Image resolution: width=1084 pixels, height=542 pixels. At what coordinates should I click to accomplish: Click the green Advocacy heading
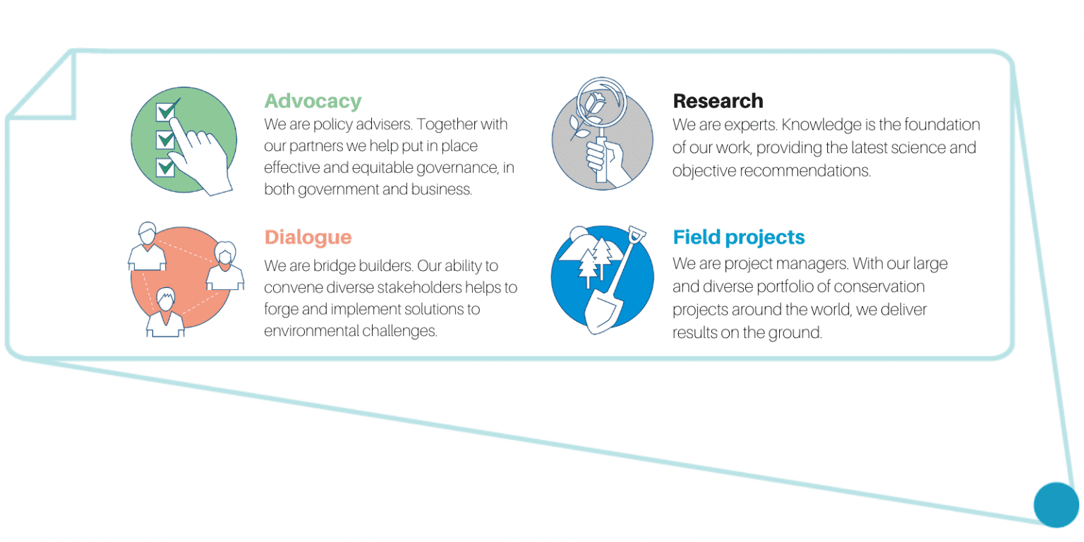pos(313,101)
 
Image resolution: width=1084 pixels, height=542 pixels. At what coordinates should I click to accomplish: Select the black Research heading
pos(718,101)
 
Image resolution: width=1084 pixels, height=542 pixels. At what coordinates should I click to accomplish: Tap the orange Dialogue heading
pos(308,238)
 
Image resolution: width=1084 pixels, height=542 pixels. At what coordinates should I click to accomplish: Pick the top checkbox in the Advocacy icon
pos(166,112)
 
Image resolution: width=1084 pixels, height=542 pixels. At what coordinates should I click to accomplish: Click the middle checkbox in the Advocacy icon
pos(166,140)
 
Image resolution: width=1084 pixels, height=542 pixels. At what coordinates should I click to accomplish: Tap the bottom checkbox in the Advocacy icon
pos(166,167)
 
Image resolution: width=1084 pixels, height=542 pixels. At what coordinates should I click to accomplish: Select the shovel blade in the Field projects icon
pos(603,313)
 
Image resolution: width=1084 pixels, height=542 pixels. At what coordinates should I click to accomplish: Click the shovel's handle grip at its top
pos(637,235)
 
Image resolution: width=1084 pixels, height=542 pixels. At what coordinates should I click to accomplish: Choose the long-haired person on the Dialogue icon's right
pos(225,265)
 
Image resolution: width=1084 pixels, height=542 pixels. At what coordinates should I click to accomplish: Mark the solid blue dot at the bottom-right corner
pos(1056,505)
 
